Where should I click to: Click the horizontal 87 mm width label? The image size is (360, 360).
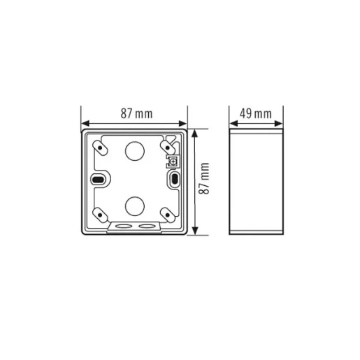click(x=134, y=114)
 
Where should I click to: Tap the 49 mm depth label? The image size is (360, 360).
click(x=257, y=114)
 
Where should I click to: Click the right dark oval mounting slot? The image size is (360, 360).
click(x=173, y=181)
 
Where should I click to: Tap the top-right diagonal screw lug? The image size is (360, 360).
click(x=168, y=147)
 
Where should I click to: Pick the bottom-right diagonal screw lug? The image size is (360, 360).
click(x=167, y=213)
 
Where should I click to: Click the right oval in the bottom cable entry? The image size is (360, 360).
click(x=145, y=226)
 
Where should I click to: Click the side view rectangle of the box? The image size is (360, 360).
click(x=257, y=182)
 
